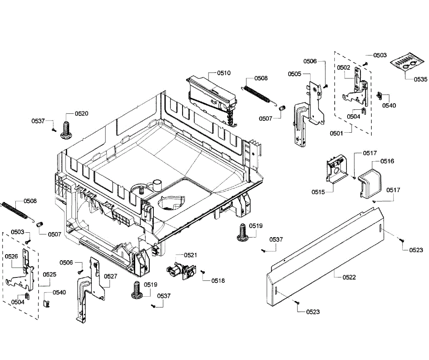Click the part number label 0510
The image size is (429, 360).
[x=224, y=73]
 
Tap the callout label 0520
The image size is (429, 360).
[x=82, y=114]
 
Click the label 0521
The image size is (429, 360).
[x=191, y=255]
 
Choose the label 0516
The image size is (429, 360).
[x=388, y=162]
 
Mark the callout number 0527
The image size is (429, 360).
[x=111, y=276]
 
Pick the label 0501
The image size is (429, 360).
[x=336, y=133]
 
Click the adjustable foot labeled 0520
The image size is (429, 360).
[x=66, y=130]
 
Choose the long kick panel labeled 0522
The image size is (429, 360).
[x=325, y=261]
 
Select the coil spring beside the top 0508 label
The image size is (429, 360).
[x=258, y=94]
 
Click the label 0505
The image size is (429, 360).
[x=295, y=74]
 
